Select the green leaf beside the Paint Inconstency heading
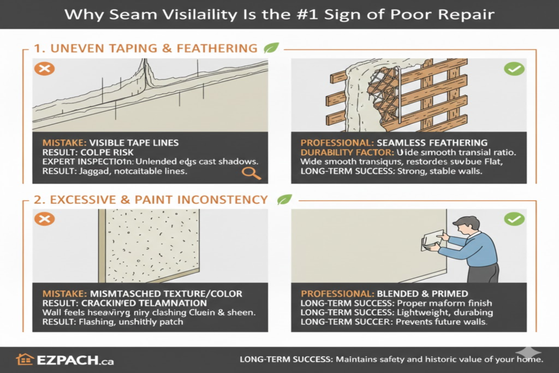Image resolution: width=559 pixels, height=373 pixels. coord(284,199)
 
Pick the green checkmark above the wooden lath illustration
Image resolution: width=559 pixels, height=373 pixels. coord(514,69)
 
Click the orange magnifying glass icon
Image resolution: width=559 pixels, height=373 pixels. coord(251,173)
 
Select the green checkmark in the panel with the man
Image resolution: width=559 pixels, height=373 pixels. coord(514,220)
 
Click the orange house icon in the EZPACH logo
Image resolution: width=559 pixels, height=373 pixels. coord(25,359)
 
